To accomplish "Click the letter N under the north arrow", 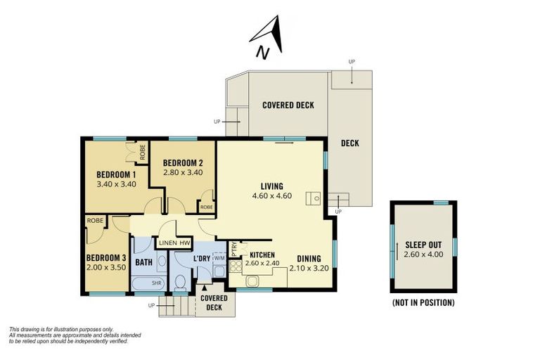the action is click(263, 53).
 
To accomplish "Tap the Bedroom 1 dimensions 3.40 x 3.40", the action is click(117, 184).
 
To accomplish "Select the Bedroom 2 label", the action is click(183, 162).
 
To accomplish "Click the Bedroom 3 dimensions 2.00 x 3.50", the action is click(106, 267).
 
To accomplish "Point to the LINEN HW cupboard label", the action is click(174, 243).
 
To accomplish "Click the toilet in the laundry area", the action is click(181, 283).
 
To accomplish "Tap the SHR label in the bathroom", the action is click(157, 283).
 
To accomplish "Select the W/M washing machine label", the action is click(219, 257).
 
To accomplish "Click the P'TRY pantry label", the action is click(234, 249).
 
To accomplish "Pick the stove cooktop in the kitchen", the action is click(236, 266).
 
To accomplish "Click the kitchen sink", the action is click(252, 281).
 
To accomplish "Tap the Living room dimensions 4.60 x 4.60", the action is click(272, 196).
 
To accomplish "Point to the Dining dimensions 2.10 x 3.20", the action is click(309, 268).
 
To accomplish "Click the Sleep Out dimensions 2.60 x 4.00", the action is click(423, 255).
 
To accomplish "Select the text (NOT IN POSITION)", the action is click(423, 302).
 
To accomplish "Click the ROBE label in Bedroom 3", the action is click(95, 221).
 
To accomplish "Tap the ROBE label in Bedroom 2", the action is click(207, 207).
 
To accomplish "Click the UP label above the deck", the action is click(352, 62).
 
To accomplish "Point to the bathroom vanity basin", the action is click(162, 261).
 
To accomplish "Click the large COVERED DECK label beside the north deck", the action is click(288, 105).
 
